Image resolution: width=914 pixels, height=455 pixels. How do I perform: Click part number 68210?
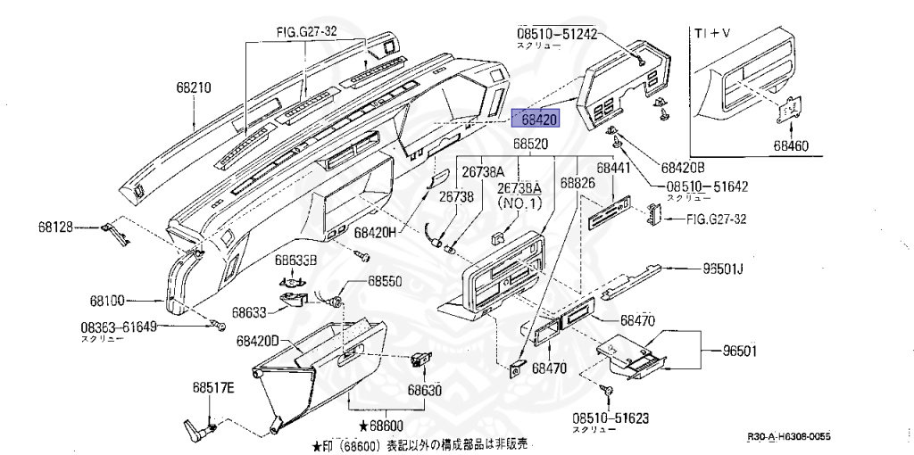(x=194, y=87)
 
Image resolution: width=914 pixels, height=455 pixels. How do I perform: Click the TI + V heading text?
(x=713, y=32)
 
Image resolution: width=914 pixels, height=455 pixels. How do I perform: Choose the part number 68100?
(x=107, y=301)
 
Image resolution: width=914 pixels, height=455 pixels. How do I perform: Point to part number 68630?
(x=426, y=390)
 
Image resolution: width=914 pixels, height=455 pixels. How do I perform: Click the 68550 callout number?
(x=385, y=280)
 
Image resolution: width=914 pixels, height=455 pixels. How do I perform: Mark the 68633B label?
(x=295, y=261)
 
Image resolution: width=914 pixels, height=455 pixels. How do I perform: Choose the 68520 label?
(x=530, y=144)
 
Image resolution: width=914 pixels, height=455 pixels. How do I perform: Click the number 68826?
(x=577, y=182)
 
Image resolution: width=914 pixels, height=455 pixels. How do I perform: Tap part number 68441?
(x=613, y=167)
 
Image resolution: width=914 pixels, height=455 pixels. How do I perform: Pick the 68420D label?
(x=258, y=341)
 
